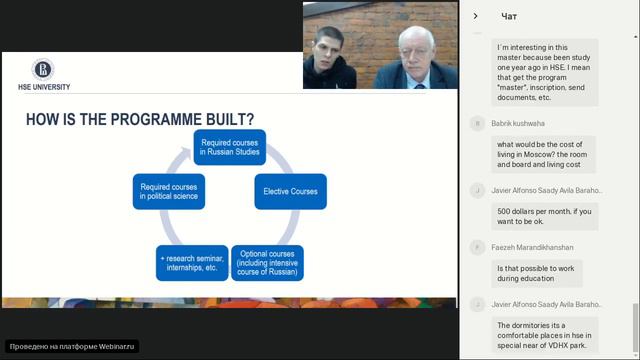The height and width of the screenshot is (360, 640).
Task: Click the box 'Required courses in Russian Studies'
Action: click(x=229, y=148)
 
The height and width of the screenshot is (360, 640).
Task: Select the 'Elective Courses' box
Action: click(x=290, y=190)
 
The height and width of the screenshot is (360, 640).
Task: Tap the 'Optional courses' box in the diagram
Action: click(x=267, y=263)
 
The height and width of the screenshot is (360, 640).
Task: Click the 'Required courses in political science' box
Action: click(x=169, y=190)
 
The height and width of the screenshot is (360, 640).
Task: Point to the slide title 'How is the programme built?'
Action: click(x=139, y=121)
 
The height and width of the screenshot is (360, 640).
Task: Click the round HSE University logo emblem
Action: click(x=43, y=69)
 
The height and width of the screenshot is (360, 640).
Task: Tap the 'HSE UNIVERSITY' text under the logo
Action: click(x=37, y=87)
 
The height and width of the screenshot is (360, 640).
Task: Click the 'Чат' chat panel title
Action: click(x=509, y=16)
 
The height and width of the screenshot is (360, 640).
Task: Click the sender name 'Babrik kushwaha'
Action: click(x=520, y=123)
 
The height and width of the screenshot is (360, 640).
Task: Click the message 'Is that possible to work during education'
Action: click(x=537, y=273)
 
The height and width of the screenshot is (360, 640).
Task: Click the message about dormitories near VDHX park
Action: click(x=546, y=338)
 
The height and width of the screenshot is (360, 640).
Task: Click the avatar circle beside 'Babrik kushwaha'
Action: click(x=478, y=123)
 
